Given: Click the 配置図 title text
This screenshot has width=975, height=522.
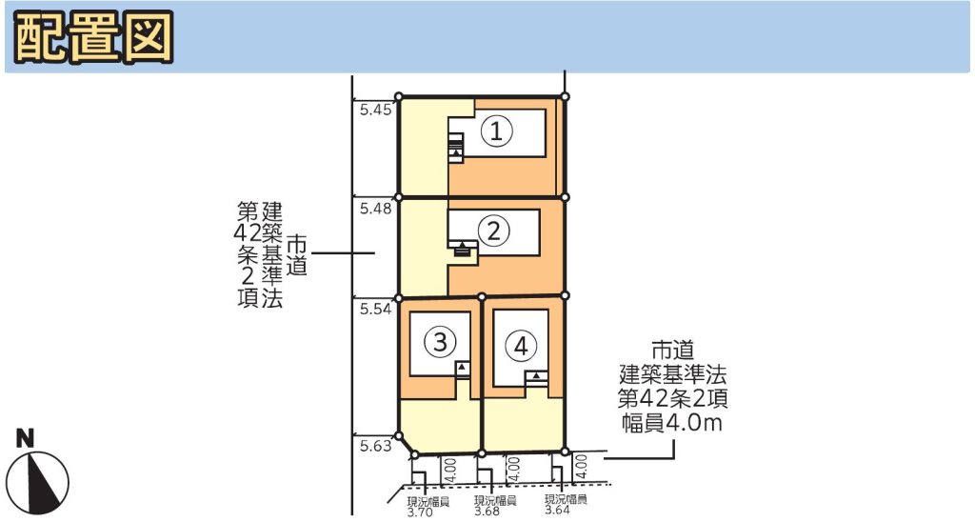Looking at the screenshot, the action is pyautogui.click(x=93, y=36).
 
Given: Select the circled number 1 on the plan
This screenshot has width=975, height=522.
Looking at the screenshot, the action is pyautogui.click(x=497, y=131).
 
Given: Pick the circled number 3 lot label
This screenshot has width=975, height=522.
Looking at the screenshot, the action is pyautogui.click(x=440, y=342).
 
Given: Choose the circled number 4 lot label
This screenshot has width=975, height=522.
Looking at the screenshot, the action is pyautogui.click(x=521, y=346).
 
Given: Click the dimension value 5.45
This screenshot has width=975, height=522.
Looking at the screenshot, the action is pyautogui.click(x=375, y=110).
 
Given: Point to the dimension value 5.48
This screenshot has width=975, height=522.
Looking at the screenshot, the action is pyautogui.click(x=375, y=209).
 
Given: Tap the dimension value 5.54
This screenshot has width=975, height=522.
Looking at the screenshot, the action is pyautogui.click(x=375, y=309).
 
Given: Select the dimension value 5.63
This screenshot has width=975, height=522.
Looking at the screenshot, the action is pyautogui.click(x=375, y=446).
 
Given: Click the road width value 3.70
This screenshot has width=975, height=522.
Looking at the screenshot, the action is pyautogui.click(x=420, y=512).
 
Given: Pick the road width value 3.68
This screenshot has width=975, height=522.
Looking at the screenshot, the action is pyautogui.click(x=487, y=512).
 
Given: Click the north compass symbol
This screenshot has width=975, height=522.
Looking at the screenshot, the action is pyautogui.click(x=42, y=480).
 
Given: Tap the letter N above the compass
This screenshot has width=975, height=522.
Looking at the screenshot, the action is pyautogui.click(x=25, y=439).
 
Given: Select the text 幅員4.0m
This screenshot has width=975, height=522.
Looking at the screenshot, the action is pyautogui.click(x=672, y=423).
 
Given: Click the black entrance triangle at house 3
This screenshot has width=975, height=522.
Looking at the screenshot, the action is pyautogui.click(x=462, y=368).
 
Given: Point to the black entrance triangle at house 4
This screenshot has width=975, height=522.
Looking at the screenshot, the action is pyautogui.click(x=536, y=376).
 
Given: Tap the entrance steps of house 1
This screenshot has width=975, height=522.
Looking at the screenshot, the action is pyautogui.click(x=456, y=148).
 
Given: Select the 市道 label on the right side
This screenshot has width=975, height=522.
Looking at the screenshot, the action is pyautogui.click(x=672, y=351).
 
